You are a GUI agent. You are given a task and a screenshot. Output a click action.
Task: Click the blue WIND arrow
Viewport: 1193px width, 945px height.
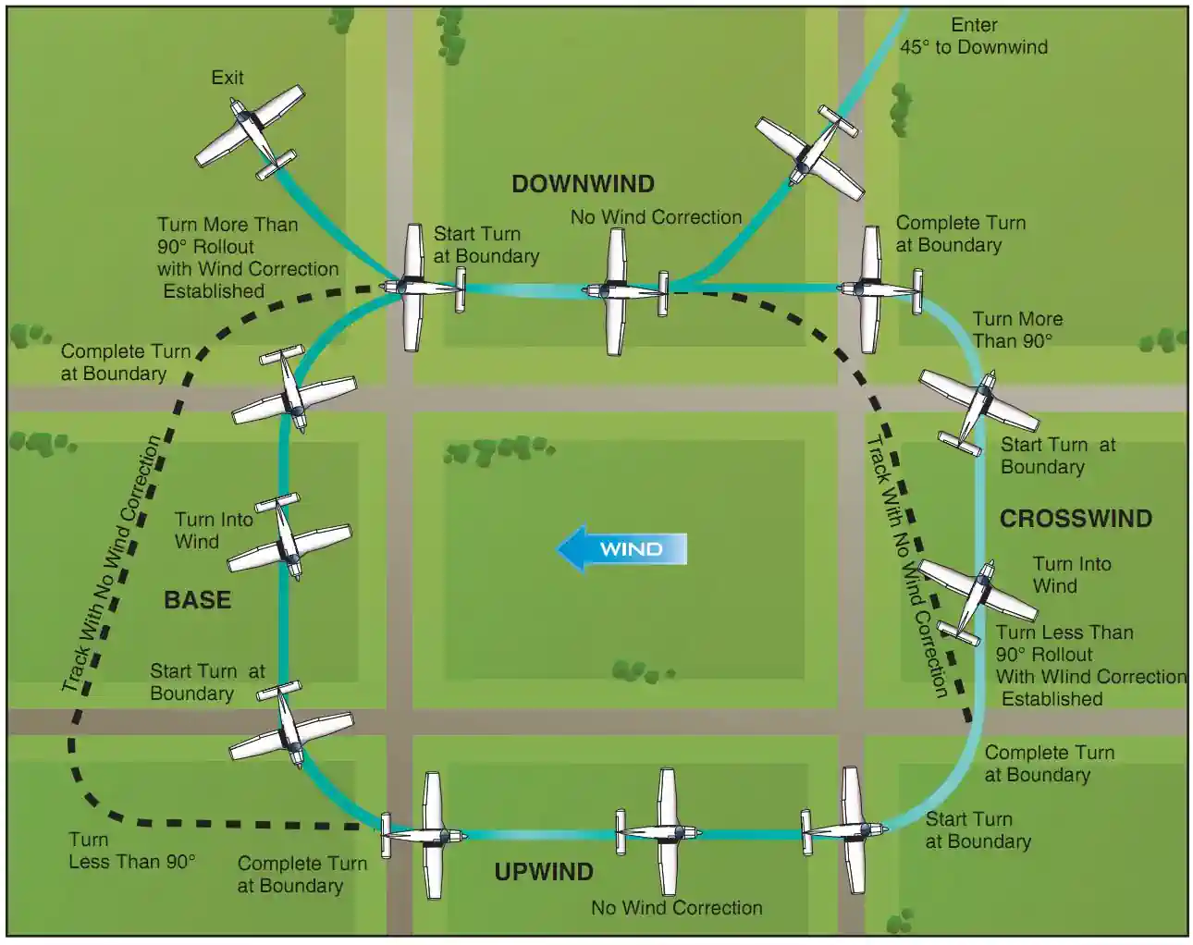coord(621,549)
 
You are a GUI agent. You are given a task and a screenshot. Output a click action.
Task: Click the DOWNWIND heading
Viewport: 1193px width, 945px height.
coord(583,184)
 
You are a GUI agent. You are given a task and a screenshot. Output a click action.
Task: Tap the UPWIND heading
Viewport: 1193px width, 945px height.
coord(543,872)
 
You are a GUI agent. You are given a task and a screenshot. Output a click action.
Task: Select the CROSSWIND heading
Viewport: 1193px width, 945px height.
coord(1076,519)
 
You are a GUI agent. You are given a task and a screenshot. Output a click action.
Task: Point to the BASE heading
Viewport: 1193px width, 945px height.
coord(197,600)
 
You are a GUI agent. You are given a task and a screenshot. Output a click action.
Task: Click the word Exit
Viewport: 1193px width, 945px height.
coord(228,78)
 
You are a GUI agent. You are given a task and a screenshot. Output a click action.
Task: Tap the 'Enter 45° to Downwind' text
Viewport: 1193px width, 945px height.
coord(974,36)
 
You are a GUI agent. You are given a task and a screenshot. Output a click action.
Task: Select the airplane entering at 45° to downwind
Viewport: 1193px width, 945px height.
coord(811,153)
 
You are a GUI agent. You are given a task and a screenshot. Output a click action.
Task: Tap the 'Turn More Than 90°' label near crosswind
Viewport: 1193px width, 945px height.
coord(1016,330)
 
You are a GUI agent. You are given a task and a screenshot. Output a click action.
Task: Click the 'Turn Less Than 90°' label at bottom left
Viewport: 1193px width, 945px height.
coord(131,851)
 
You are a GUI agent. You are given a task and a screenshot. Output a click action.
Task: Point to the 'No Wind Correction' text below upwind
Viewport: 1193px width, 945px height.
coord(676,908)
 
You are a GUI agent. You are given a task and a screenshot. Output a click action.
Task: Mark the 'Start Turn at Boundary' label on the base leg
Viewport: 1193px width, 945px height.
coord(207,682)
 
